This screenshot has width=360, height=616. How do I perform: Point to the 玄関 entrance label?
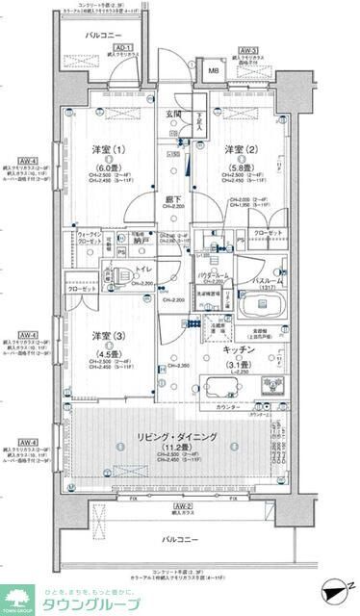click(x=173, y=115)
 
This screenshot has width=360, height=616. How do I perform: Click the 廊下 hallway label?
click(x=173, y=199)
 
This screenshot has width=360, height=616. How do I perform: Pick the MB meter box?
click(x=214, y=70)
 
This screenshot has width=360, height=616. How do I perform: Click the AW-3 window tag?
click(x=247, y=50)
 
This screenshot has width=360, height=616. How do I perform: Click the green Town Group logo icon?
click(x=17, y=596)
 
